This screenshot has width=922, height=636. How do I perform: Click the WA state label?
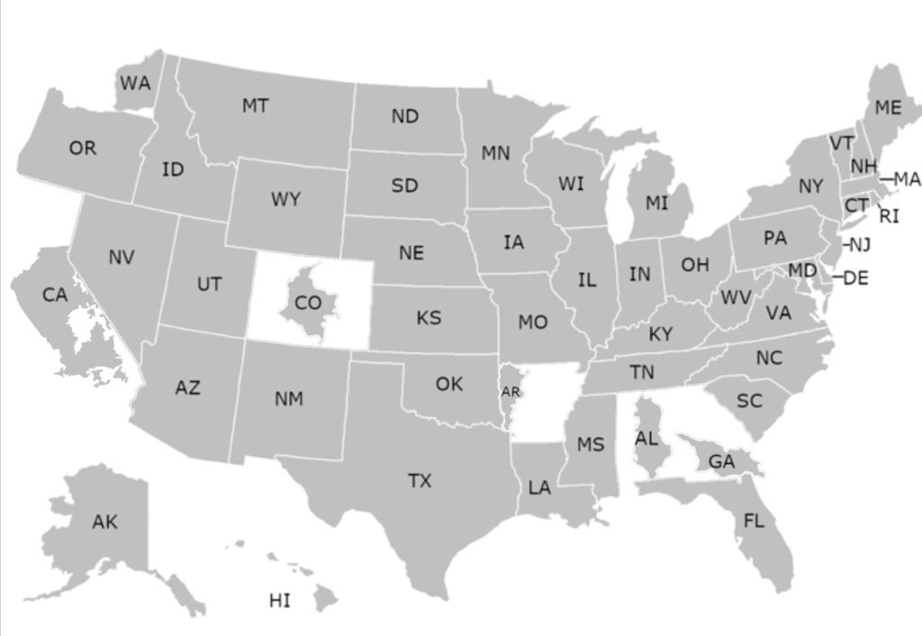(x=135, y=84)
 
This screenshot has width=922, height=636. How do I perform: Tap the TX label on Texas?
(x=420, y=481)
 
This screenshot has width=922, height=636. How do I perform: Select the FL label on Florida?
(x=754, y=521)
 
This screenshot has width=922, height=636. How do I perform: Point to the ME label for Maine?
(x=888, y=108)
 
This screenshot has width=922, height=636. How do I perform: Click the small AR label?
(x=511, y=392)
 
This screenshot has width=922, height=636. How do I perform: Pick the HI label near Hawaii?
(x=280, y=600)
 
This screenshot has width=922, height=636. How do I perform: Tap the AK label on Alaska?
(x=104, y=522)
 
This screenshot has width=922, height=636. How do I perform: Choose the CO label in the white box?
(x=308, y=304)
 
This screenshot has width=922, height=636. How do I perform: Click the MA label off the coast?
(x=907, y=179)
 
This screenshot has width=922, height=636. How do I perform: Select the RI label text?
(x=889, y=216)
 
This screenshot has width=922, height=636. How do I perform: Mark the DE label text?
(x=856, y=278)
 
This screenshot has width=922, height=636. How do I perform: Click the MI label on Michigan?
(x=657, y=204)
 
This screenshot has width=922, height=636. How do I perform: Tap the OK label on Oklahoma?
(x=449, y=384)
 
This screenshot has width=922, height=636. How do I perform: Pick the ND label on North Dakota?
(x=405, y=116)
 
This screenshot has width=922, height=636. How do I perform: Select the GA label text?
(x=722, y=461)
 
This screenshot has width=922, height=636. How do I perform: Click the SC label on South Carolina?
(x=749, y=402)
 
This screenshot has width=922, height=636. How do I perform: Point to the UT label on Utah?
(x=209, y=285)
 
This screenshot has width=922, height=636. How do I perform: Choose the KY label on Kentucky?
(x=661, y=334)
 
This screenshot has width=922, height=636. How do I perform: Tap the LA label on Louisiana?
(x=539, y=488)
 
